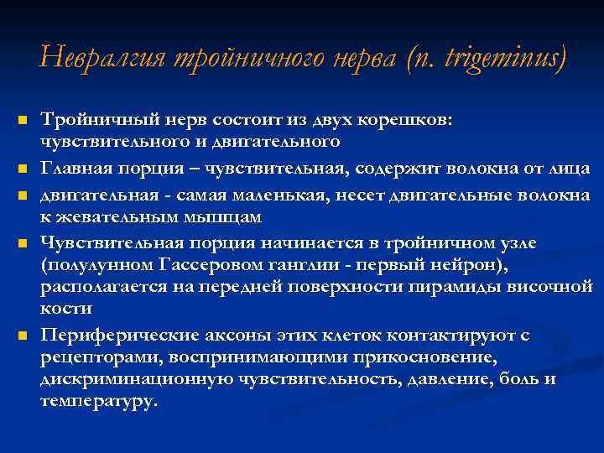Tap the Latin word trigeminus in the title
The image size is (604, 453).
pos(494,58)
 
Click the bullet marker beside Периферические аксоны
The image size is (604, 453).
pos(24,336)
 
